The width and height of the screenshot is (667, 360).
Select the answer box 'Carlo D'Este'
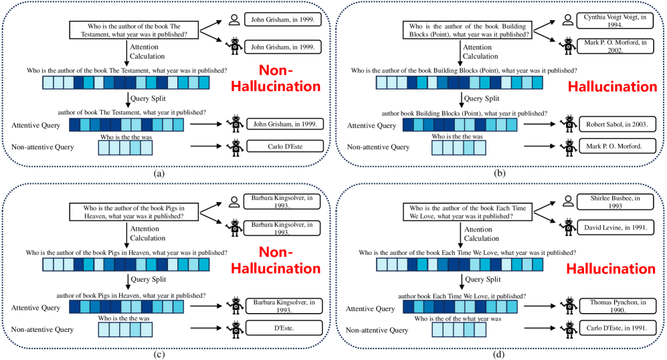284,147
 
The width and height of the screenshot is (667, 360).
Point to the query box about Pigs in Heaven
126,211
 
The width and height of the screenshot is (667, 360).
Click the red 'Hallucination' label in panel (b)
611,86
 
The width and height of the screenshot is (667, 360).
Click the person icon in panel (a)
235,20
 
